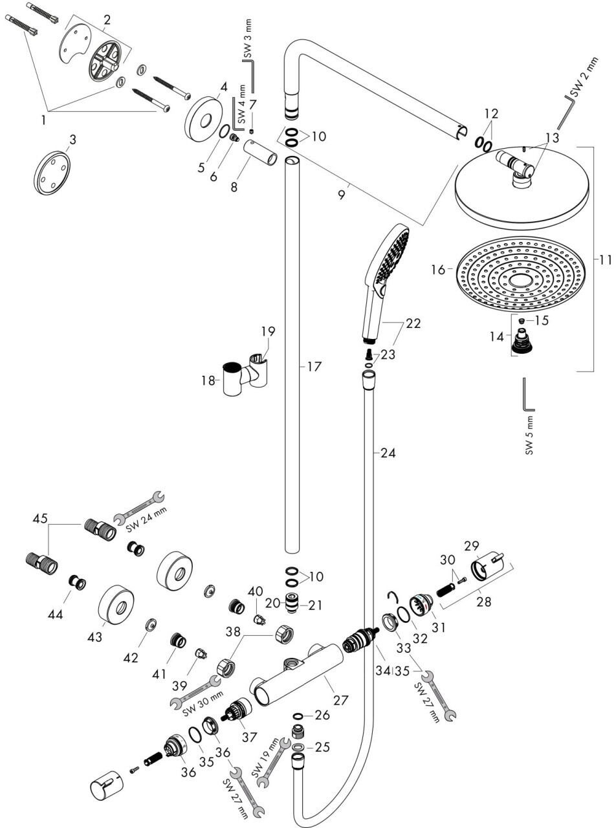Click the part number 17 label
314,367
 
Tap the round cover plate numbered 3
52,171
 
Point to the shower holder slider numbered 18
233,381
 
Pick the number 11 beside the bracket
604,261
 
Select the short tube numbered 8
261,157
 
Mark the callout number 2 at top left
107,19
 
